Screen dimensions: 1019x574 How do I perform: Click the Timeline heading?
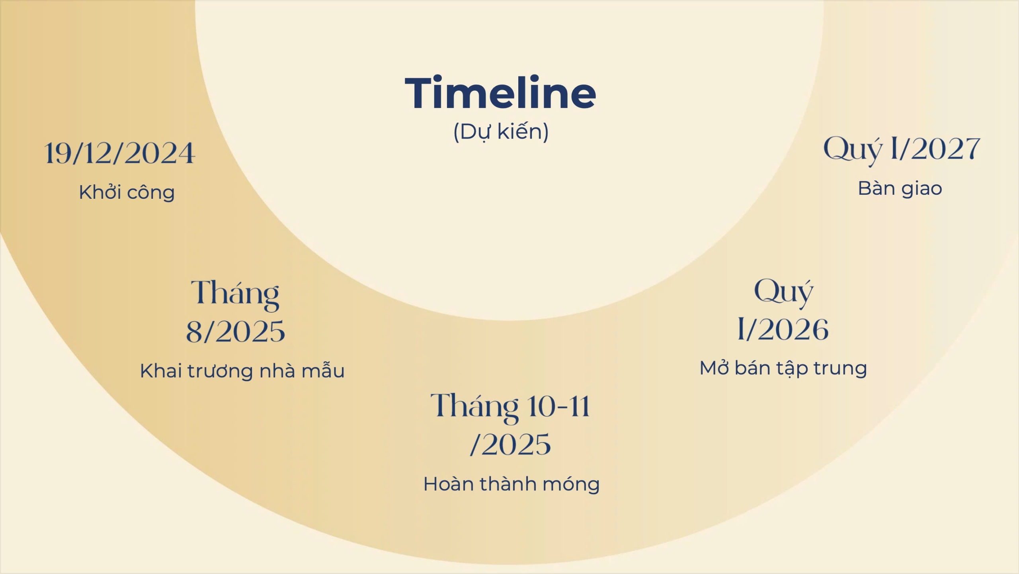[500, 92]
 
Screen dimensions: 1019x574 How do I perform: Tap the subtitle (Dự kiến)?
[501, 132]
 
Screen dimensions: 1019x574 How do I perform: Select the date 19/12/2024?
[119, 153]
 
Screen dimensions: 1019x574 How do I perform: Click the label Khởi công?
[127, 192]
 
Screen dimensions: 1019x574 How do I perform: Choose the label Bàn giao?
[900, 188]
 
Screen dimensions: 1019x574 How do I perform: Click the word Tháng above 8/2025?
[235, 294]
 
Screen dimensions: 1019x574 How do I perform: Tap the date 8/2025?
[236, 331]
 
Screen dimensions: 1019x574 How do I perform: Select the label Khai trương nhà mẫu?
[242, 370]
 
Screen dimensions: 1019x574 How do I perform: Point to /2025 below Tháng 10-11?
[510, 444]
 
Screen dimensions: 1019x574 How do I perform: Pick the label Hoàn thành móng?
[511, 484]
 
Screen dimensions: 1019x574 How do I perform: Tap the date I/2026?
[783, 329]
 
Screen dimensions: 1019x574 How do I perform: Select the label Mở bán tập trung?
[783, 368]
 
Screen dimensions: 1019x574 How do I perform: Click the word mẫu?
[323, 370]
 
